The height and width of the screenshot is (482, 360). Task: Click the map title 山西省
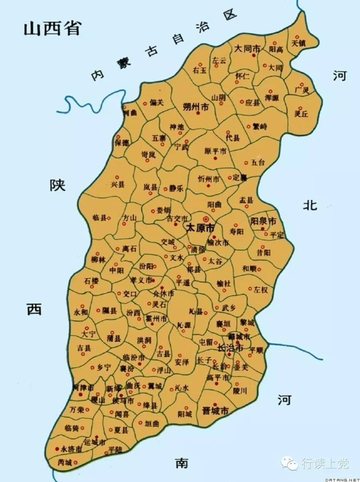[x=52, y=29]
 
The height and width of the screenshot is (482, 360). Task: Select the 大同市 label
[x=247, y=49]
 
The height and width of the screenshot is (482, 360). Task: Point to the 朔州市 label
[x=196, y=107]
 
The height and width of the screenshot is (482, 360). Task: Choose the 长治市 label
[x=230, y=348]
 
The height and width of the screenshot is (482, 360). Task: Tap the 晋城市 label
[x=215, y=411]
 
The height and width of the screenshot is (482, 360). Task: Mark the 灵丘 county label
[x=301, y=113]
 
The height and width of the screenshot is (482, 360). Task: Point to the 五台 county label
[x=258, y=163]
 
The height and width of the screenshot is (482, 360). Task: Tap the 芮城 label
[x=65, y=463]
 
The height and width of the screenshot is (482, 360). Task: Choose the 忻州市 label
[x=208, y=179]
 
